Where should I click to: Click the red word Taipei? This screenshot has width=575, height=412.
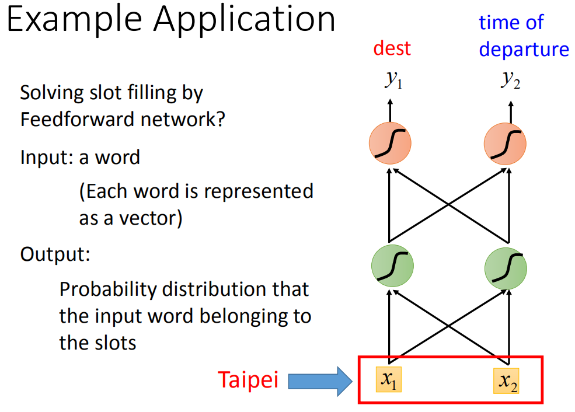point(248,380)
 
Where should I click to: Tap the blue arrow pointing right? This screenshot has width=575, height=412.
point(320,381)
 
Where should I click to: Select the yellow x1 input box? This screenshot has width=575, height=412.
point(389,379)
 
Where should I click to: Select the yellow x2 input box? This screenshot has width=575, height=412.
point(506,381)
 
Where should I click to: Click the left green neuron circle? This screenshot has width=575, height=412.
point(392,266)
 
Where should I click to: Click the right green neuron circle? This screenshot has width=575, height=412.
point(506,268)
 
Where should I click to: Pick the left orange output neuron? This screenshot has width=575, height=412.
point(390,144)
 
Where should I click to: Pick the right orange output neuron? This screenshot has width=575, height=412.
point(506,144)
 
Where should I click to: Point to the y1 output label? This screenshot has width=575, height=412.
point(393,79)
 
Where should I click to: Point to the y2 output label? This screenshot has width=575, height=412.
point(510,79)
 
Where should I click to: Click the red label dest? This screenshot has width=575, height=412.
point(392,48)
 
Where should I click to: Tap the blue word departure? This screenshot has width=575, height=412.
point(524,50)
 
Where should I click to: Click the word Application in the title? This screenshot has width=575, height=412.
point(245,21)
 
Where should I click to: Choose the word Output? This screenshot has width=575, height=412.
point(55,254)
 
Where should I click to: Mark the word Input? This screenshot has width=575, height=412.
point(47,158)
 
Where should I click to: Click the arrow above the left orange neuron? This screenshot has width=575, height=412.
point(390,110)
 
